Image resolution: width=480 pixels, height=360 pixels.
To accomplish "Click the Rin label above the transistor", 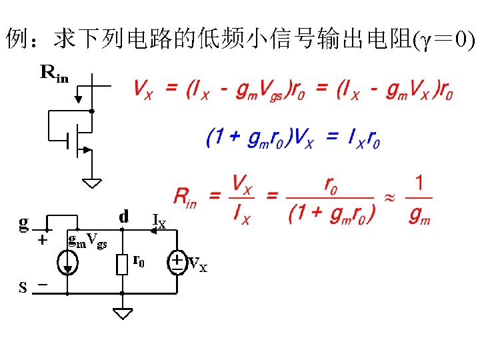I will [x=54, y=73].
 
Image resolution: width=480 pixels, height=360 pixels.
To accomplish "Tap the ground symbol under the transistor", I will [x=93, y=181].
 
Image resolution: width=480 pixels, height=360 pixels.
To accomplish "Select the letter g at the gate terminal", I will [x=24, y=221].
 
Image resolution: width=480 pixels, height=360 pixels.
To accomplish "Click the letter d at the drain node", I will [x=123, y=217].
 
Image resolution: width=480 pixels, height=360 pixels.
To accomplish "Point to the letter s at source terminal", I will [x=23, y=288].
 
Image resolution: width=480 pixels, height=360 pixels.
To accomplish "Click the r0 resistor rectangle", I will [x=122, y=264].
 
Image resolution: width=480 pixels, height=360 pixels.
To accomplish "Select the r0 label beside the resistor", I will [x=139, y=259].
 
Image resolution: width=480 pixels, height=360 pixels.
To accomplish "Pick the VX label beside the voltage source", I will [x=198, y=265].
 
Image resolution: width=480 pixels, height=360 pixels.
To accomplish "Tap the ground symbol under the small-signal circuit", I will [x=123, y=312].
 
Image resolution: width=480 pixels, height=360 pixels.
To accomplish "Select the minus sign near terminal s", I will [x=43, y=285].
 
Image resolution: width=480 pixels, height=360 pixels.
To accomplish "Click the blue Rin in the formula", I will [x=185, y=197].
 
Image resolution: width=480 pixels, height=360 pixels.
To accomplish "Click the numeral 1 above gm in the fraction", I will [x=419, y=182].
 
